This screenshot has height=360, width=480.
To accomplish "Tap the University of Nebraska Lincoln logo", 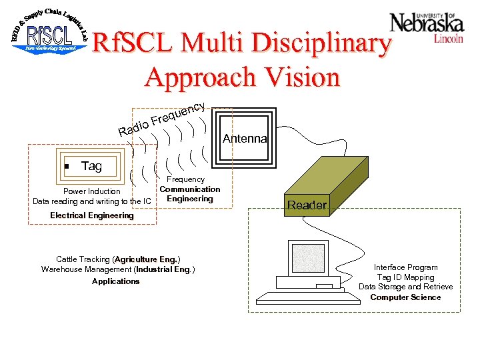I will coord(427,26).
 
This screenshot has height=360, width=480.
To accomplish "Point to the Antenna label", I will coord(245,139).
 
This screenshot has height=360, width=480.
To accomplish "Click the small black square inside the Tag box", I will coord(66,167).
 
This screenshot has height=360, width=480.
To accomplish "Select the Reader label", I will coord(307,205).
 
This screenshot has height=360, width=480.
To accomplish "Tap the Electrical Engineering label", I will coord(92,215).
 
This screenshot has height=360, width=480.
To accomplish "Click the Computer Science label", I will coord(405,297).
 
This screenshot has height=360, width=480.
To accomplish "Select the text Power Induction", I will coord(92,191).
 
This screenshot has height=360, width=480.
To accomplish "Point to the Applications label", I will coord(116,281).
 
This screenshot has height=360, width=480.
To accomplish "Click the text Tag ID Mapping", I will coord(405,277).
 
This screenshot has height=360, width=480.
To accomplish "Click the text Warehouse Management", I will coord(87,269).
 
